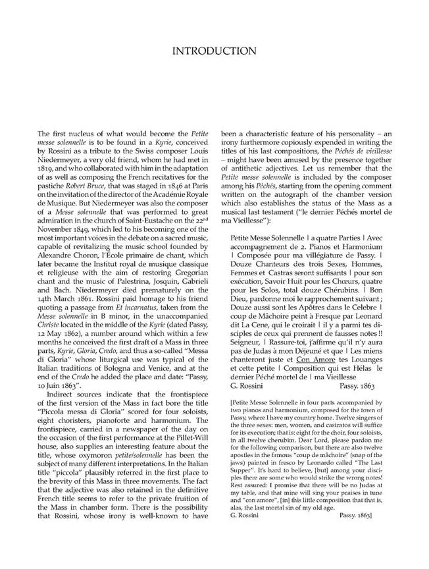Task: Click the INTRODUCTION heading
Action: (214, 51)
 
